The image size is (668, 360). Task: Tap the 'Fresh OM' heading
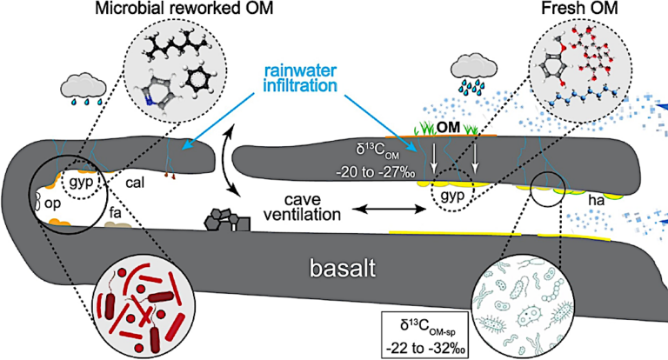click(580, 11)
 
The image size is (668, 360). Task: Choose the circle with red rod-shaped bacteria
click(144, 304)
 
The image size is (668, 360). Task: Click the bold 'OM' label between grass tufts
click(448, 129)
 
